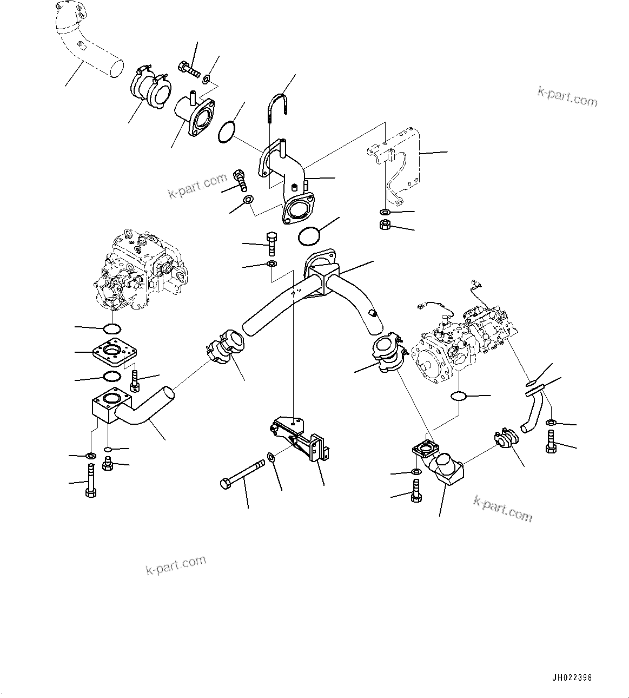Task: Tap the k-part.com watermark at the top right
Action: pyautogui.click(x=567, y=96)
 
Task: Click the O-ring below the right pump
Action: pyautogui.click(x=459, y=396)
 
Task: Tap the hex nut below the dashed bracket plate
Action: pyautogui.click(x=386, y=224)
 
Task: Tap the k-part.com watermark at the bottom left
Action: pyautogui.click(x=176, y=565)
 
